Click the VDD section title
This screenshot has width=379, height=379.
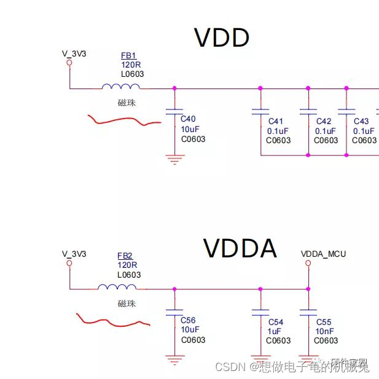click(222, 38)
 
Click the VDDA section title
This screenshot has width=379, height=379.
click(240, 249)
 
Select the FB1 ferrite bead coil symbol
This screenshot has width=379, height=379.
click(121, 87)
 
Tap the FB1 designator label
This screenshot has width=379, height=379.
click(129, 56)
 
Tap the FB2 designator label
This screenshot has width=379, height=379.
click(125, 256)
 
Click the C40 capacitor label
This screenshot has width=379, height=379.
click(188, 119)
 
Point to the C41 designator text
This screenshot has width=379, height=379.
click(276, 122)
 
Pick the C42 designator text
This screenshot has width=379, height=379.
click(324, 122)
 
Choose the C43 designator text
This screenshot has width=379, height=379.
click(361, 122)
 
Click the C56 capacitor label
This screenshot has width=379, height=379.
click(188, 320)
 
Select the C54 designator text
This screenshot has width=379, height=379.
click(276, 322)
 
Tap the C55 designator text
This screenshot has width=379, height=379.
click(324, 322)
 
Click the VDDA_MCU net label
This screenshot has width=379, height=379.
click(323, 254)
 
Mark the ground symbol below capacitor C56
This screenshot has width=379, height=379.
click(175, 359)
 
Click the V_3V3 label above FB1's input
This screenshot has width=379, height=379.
click(74, 53)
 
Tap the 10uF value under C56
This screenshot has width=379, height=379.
click(190, 329)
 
